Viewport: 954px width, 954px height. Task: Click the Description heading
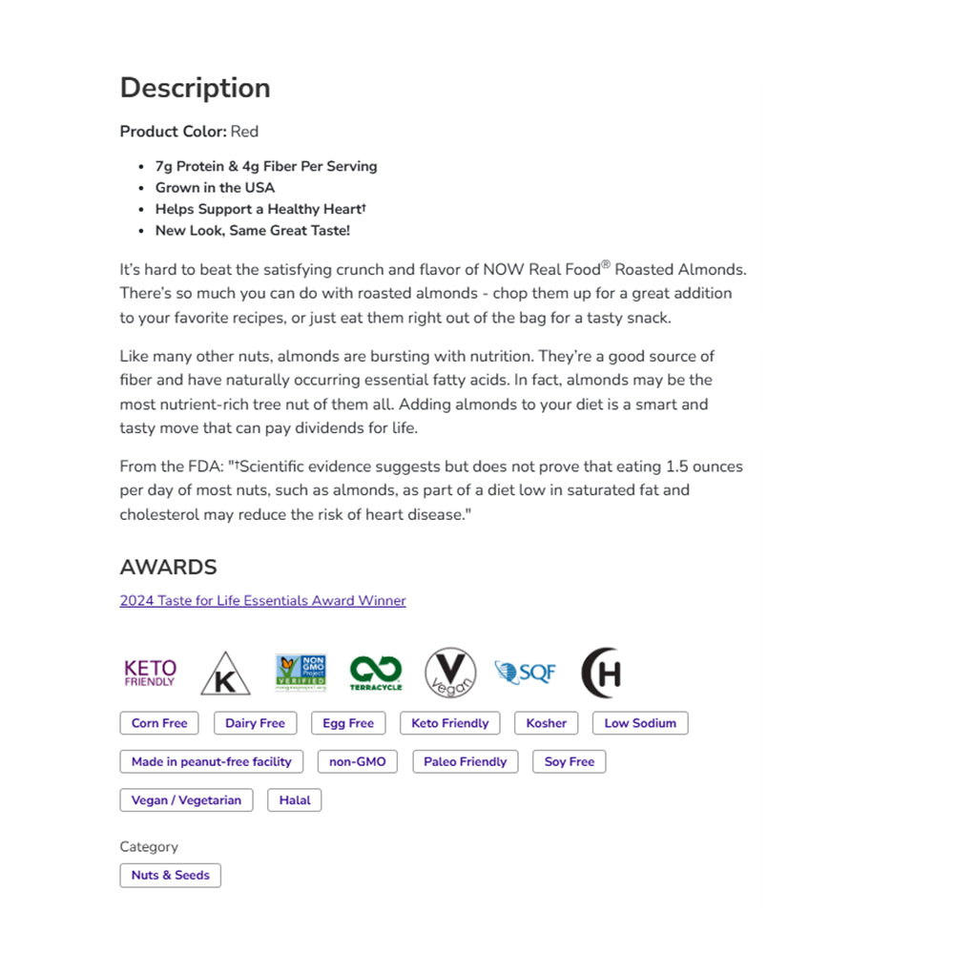click(x=195, y=88)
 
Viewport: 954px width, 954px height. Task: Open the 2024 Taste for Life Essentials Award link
click(x=262, y=601)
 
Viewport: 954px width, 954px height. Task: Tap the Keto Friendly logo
click(x=150, y=673)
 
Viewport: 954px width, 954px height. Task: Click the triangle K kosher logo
click(x=225, y=674)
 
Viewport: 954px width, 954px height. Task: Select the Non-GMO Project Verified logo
click(x=301, y=673)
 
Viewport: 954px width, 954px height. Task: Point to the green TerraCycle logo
click(x=376, y=673)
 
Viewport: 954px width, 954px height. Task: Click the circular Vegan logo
click(x=450, y=673)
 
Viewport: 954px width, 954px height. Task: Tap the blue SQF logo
click(x=525, y=673)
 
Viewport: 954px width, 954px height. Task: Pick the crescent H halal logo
click(x=602, y=673)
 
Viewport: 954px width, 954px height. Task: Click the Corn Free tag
click(x=159, y=723)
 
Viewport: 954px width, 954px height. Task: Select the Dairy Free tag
click(x=255, y=723)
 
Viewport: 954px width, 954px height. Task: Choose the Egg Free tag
click(x=348, y=723)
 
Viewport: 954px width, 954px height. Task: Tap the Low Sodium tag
click(x=640, y=723)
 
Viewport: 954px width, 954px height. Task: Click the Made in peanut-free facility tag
click(x=212, y=761)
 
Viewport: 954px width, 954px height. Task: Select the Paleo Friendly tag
click(x=466, y=761)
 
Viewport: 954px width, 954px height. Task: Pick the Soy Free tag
click(x=570, y=761)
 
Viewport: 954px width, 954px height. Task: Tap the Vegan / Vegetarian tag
click(x=186, y=799)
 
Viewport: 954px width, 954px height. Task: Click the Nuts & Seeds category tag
click(x=170, y=875)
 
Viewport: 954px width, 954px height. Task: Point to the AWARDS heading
click(x=168, y=568)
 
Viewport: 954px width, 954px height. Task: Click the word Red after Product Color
click(x=244, y=132)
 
